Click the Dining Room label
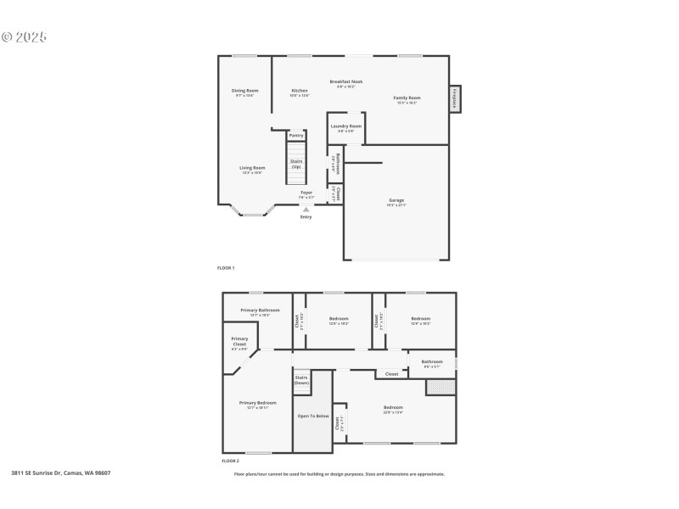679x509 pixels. click(x=245, y=90)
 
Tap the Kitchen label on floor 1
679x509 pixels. click(x=300, y=90)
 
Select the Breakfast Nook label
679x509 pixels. click(x=345, y=81)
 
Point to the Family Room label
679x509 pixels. click(x=407, y=98)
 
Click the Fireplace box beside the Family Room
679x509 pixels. click(x=456, y=98)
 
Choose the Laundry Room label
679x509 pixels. click(x=346, y=126)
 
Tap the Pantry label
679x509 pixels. click(x=296, y=135)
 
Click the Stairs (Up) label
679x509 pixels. click(x=296, y=164)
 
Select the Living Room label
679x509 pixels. click(x=252, y=168)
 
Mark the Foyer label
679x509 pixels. click(x=306, y=193)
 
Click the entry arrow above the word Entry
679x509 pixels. click(x=306, y=209)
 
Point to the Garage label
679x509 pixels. click(x=396, y=200)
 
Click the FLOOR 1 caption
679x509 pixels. click(x=226, y=268)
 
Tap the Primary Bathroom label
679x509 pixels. click(x=260, y=310)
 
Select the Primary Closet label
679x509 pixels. click(x=239, y=342)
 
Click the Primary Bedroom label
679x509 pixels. click(x=257, y=403)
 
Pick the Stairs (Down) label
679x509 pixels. click(x=301, y=380)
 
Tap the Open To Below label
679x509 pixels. click(x=311, y=416)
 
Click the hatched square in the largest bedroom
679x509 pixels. click(x=441, y=387)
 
